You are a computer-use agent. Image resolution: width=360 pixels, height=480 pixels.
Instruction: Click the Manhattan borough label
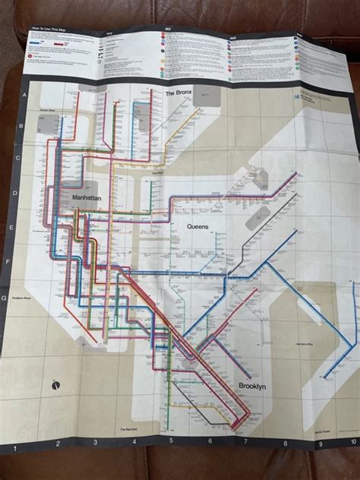(87, 197)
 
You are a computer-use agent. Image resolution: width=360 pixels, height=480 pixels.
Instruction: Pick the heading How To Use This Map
(53, 30)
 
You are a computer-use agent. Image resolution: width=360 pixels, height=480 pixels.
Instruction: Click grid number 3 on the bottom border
(95, 443)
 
